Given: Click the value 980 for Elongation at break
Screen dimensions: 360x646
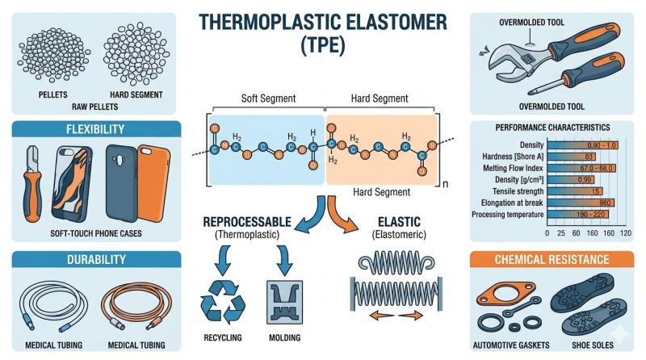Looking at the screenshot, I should (x=582, y=203).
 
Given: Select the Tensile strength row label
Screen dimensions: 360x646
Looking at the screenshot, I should (x=517, y=190).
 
